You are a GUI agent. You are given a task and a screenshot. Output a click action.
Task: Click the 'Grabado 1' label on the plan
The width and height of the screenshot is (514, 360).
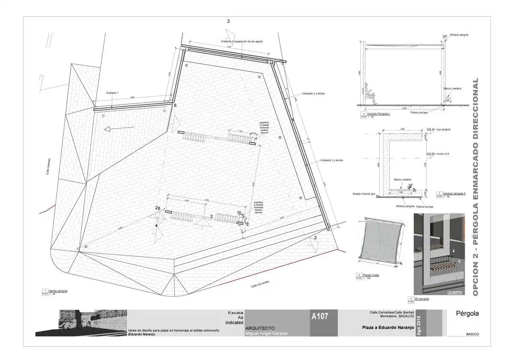(112, 93)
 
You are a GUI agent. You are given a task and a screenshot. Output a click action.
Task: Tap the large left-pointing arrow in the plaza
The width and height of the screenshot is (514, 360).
(117, 128)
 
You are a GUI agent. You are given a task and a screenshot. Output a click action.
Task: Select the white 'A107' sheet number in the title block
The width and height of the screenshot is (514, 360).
(320, 317)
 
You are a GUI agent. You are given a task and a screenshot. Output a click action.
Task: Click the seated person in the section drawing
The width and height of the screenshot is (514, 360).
(370, 95)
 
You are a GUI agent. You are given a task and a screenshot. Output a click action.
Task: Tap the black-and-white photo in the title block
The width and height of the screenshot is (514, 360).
(81, 322)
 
